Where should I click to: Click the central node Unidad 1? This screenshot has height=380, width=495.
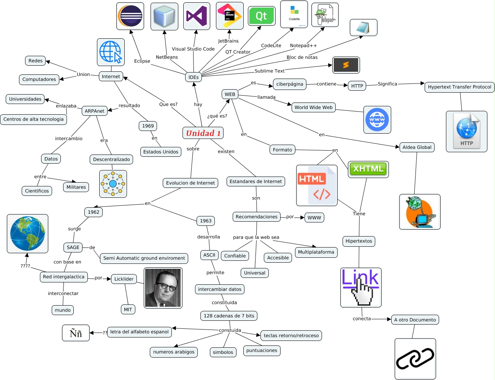[x=203, y=133]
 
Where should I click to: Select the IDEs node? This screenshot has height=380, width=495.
[x=194, y=77]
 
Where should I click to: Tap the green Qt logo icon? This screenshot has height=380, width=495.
[x=262, y=16]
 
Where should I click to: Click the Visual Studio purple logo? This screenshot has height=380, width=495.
[x=197, y=16]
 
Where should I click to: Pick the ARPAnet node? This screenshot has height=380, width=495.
[x=95, y=111]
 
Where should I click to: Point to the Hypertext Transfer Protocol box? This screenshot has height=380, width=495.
[x=459, y=87]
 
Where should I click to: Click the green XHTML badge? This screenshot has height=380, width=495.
[x=368, y=169]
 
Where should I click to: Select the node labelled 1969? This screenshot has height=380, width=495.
[x=148, y=126]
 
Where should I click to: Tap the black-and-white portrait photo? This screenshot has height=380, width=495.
[x=163, y=288]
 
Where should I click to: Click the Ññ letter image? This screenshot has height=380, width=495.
[x=76, y=333]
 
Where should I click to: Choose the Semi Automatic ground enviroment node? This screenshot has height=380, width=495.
[x=144, y=258]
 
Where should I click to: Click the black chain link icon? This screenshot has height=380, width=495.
[x=415, y=358]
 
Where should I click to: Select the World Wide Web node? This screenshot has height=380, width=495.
[x=313, y=107]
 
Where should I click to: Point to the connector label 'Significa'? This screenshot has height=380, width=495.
[x=387, y=84]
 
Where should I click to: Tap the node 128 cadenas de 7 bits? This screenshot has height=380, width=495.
[x=229, y=316]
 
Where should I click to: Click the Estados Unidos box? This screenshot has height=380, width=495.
[x=160, y=152]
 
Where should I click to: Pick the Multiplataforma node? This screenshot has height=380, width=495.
[x=316, y=252]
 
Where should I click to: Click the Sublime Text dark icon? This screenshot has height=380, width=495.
[x=346, y=65]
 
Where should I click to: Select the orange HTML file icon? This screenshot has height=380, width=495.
[x=317, y=185]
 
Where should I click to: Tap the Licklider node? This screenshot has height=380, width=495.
[x=124, y=279]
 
